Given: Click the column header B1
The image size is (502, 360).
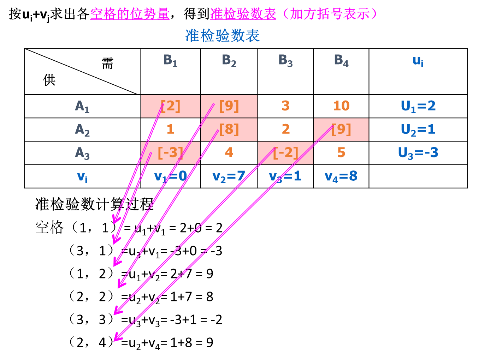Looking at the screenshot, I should [x=170, y=61].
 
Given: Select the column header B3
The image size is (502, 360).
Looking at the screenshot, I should [x=285, y=61].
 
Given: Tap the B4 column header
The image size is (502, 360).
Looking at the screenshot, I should [x=341, y=61].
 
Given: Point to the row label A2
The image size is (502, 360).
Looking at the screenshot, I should [x=82, y=130].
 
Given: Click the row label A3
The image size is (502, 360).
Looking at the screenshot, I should [x=82, y=153].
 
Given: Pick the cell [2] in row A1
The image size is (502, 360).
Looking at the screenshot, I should [x=171, y=106].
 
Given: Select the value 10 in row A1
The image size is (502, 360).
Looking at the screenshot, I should [x=341, y=106].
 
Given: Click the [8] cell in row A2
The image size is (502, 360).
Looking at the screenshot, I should [x=229, y=130].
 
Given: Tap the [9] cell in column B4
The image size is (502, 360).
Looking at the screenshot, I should [x=341, y=130].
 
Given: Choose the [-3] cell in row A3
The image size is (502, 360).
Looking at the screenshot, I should [x=171, y=153].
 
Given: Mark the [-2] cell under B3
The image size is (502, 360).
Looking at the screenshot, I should [x=285, y=153].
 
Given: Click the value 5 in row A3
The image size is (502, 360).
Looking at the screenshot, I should [x=341, y=153].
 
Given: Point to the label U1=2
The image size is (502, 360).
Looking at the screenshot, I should [x=418, y=106].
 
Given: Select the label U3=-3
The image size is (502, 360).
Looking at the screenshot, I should [x=418, y=153].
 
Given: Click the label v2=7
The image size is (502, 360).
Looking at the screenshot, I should [x=229, y=176].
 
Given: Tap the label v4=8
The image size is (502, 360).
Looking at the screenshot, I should [x=341, y=176].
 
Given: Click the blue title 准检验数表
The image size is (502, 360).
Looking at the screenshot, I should [x=223, y=36].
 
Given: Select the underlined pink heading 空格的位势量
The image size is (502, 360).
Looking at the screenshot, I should [x=130, y=14].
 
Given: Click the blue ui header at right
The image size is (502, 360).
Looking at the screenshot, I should [x=418, y=61].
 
